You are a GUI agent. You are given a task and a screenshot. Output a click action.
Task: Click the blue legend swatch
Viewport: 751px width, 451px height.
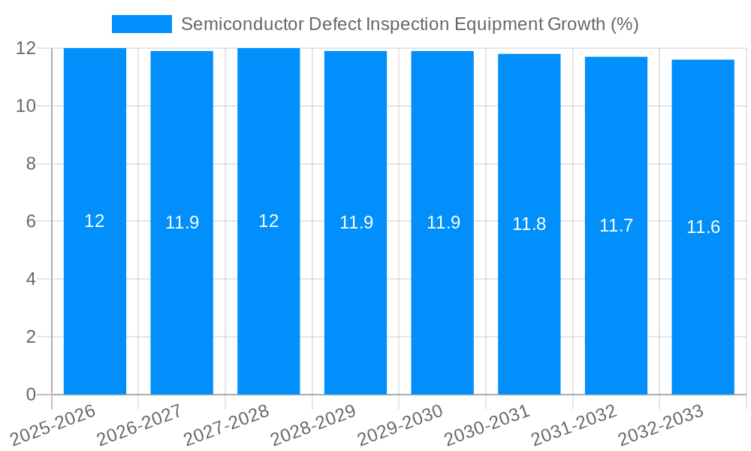coord(141,24)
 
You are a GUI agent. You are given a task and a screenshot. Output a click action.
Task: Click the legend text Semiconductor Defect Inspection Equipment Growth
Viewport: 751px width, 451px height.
coord(409,24)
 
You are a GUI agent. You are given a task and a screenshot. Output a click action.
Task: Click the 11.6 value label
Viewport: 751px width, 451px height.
coord(703,227)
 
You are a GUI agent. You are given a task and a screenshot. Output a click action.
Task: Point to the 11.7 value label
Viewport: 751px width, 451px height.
coord(616,225)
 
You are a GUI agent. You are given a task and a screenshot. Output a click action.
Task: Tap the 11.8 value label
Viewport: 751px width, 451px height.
coord(529,224)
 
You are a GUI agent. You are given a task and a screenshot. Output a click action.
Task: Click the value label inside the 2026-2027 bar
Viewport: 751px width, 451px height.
coord(182,222)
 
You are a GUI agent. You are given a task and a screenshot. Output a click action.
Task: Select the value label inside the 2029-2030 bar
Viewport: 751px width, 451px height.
coord(443,222)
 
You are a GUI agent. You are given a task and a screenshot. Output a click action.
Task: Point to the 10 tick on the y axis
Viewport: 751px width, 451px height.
coord(26,106)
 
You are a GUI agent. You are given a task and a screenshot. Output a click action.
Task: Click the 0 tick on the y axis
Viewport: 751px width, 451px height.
coord(31,395)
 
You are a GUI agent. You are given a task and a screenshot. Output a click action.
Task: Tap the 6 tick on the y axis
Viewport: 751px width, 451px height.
coord(31,222)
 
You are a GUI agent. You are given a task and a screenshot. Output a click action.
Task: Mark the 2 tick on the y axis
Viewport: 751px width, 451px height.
coord(31,337)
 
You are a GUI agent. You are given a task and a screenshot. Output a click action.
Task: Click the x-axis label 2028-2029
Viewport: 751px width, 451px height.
coord(313,425)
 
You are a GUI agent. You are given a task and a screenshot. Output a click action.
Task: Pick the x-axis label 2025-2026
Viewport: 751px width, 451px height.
coord(53,425)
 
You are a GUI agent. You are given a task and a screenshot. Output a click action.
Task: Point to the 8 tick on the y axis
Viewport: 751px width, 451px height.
coord(31,164)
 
